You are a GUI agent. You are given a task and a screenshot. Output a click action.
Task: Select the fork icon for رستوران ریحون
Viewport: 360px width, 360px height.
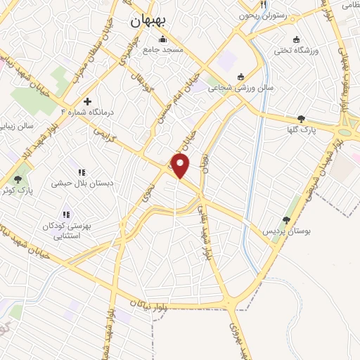[x=263, y=4]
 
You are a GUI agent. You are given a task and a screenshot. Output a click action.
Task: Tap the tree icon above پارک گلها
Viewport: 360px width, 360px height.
[x=302, y=119]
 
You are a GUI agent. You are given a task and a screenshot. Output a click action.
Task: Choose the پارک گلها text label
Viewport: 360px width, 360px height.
[x=306, y=130]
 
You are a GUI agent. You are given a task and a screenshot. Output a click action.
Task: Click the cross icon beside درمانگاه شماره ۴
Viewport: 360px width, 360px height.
[x=87, y=102]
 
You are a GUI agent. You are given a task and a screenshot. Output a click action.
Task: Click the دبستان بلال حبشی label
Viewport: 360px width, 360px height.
[x=82, y=183]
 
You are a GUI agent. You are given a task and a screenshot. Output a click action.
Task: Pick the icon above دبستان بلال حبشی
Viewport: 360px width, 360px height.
[x=82, y=172]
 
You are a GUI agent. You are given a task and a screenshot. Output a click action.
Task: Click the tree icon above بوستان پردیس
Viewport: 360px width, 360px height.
[x=286, y=220]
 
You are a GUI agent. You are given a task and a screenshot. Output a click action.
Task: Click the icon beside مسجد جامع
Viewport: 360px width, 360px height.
[x=163, y=39]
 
